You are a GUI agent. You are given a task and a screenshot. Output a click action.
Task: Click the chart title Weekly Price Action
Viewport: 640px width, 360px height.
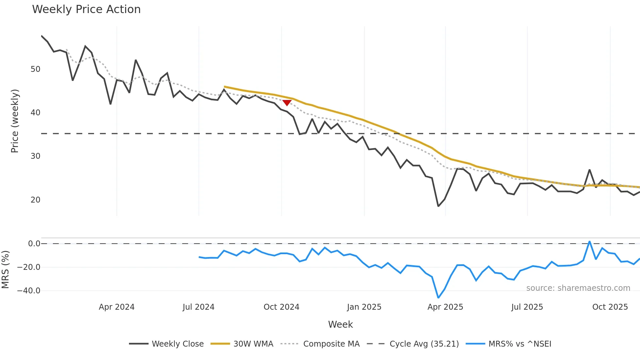tap(86, 9)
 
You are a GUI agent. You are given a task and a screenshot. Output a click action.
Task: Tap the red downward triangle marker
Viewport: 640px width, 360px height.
tap(287, 103)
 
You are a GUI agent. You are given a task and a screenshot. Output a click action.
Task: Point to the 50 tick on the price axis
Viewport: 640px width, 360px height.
tap(35, 69)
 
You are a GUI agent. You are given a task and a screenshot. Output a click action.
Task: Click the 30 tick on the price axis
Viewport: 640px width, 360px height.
tap(35, 156)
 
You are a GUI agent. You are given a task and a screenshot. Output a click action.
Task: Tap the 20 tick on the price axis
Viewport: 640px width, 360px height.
tap(35, 200)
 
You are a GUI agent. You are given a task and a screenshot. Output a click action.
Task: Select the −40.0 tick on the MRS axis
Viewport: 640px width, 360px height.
tap(29, 291)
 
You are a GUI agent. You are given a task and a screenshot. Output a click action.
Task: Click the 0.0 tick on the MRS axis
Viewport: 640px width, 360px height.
tap(34, 244)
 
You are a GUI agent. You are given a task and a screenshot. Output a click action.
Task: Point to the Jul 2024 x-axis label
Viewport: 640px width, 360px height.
tap(199, 307)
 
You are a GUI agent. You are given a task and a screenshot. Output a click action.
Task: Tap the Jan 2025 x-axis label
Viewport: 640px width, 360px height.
tap(364, 307)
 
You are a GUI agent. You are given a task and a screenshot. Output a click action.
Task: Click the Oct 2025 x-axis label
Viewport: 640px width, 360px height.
tap(610, 307)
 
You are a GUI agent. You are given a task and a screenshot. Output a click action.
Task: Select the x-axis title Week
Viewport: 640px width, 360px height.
tap(340, 324)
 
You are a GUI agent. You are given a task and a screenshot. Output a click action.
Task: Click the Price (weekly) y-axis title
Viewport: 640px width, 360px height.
tap(15, 121)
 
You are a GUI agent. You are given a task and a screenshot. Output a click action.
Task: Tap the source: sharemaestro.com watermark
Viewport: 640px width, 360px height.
tap(578, 288)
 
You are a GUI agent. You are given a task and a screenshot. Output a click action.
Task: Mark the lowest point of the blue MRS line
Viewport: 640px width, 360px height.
tap(438, 298)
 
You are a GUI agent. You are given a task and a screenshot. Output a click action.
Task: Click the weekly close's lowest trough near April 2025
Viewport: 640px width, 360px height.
tap(438, 206)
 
